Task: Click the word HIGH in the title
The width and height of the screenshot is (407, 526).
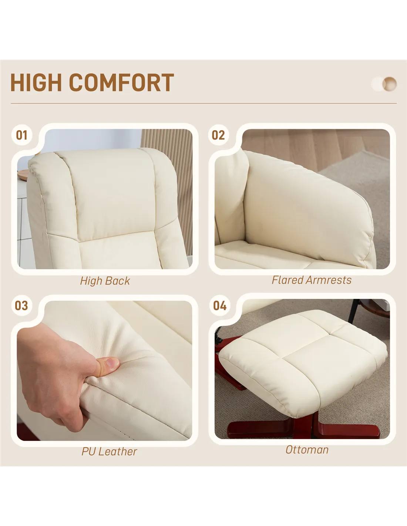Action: (36, 82)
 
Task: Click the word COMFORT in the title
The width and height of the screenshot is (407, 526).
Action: (121, 82)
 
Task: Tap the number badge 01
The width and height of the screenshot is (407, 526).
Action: (22, 135)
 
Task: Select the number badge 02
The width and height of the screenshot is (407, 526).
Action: (218, 135)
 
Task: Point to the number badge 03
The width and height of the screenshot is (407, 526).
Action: (21, 306)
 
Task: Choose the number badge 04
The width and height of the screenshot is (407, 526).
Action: (220, 306)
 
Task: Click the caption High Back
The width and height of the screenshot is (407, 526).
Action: (105, 281)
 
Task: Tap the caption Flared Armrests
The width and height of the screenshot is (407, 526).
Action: (312, 280)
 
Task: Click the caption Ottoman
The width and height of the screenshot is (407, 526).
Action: (307, 450)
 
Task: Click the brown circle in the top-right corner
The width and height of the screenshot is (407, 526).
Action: (390, 84)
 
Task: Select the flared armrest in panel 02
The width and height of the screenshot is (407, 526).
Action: (307, 208)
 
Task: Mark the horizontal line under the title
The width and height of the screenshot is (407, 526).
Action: (203, 103)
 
